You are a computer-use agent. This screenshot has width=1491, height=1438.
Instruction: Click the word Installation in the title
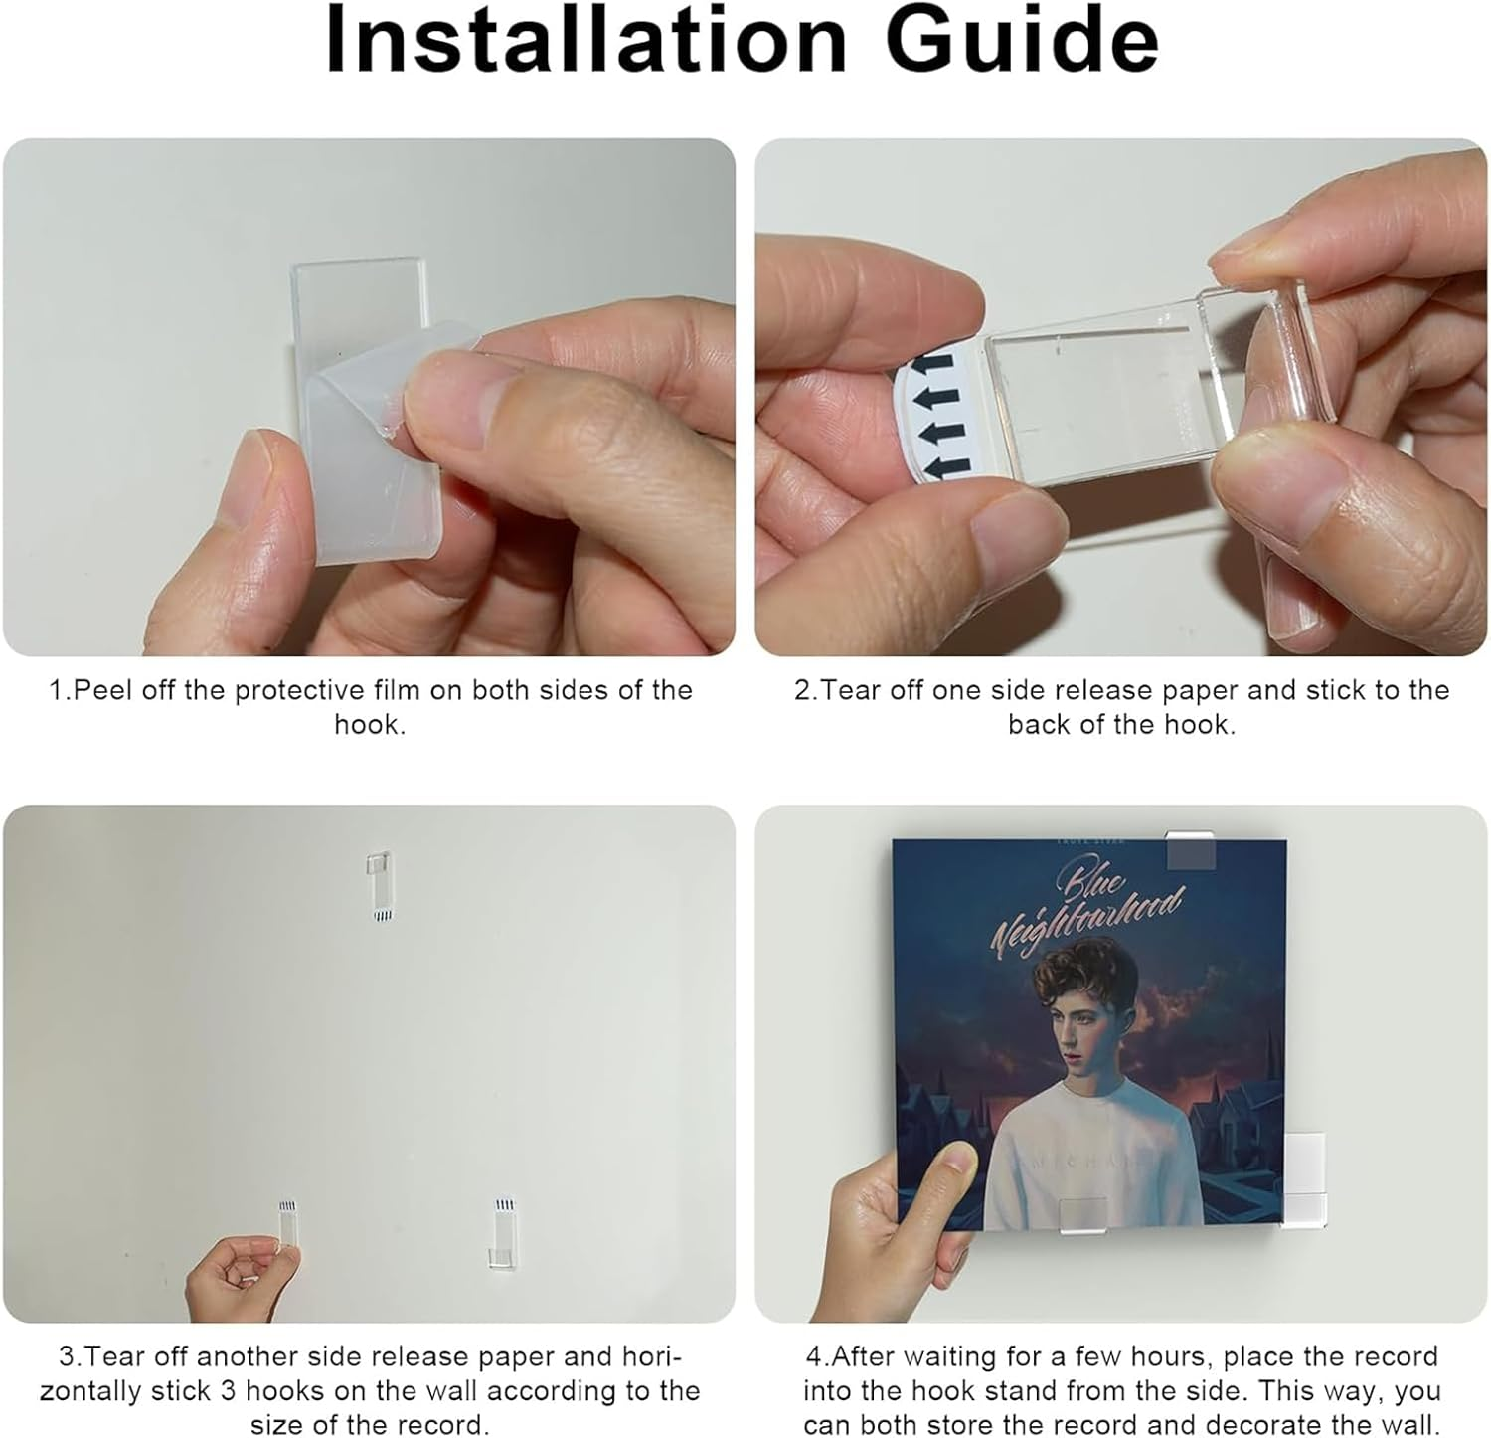click(585, 40)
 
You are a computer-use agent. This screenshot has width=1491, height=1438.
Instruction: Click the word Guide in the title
click(1023, 40)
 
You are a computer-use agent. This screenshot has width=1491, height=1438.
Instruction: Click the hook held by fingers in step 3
click(287, 1225)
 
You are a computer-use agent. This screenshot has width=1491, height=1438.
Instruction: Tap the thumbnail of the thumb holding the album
click(955, 1159)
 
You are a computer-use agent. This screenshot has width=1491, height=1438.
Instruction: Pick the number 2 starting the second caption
click(802, 690)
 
